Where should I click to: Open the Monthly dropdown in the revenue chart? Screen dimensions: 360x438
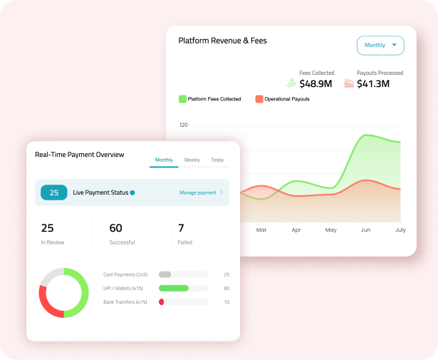pyautogui.click(x=380, y=46)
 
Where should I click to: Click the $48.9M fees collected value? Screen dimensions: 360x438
pyautogui.click(x=316, y=84)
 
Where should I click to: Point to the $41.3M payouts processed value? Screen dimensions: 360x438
pyautogui.click(x=373, y=84)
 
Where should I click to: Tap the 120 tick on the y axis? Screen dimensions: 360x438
pyautogui.click(x=184, y=125)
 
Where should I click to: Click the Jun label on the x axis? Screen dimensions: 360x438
pyautogui.click(x=365, y=230)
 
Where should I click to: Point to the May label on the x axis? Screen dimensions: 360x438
pyautogui.click(x=330, y=230)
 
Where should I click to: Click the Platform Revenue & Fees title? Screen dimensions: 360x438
pyautogui.click(x=222, y=41)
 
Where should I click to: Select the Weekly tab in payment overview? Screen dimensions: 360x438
pyautogui.click(x=192, y=160)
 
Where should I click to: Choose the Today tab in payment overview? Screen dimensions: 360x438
pyautogui.click(x=217, y=160)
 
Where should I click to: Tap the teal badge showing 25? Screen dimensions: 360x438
pyautogui.click(x=54, y=192)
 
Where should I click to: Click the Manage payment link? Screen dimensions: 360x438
pyautogui.click(x=197, y=192)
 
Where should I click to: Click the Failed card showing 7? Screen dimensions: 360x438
pyautogui.click(x=199, y=234)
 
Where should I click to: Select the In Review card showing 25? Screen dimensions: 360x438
pyautogui.click(x=63, y=234)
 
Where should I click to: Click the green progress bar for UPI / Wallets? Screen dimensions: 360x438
pyautogui.click(x=173, y=288)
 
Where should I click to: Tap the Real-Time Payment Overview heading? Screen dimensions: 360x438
pyautogui.click(x=79, y=155)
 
